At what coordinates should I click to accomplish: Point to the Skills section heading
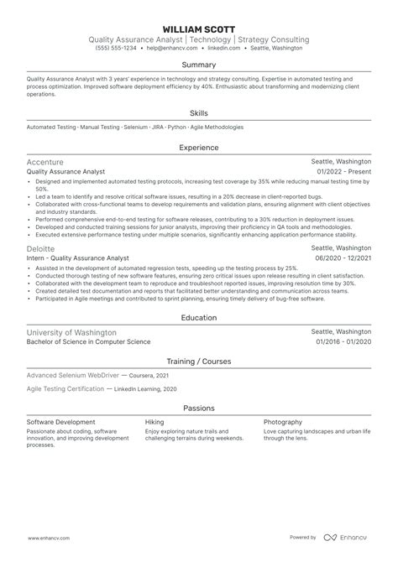(199, 112)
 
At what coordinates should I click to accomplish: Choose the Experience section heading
(199, 147)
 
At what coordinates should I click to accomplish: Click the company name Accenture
(45, 161)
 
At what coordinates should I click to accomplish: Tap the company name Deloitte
(41, 248)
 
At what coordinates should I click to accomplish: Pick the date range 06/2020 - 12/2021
(343, 258)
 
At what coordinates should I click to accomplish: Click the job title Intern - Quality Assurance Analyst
(77, 258)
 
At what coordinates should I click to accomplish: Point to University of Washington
(71, 332)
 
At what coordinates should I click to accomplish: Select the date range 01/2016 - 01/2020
(343, 342)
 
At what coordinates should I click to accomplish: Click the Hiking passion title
(154, 422)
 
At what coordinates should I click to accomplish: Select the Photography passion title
(284, 422)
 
